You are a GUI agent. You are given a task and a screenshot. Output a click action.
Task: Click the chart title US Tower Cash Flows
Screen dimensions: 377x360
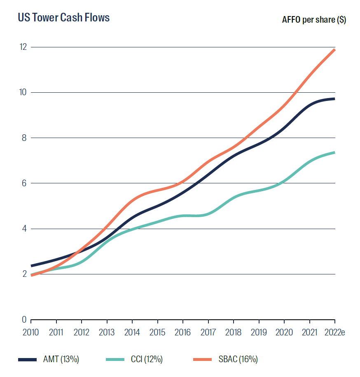point(63,18)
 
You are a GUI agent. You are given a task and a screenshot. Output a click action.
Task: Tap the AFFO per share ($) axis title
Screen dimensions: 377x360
point(314,20)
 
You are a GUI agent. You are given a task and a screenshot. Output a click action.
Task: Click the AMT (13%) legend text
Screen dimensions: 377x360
point(61,359)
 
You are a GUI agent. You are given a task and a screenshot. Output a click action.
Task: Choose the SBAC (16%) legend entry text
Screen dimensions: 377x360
point(238,359)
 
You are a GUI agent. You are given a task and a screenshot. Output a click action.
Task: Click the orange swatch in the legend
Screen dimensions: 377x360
point(203,360)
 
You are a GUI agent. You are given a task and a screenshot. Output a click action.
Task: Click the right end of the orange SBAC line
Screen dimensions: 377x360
point(334,50)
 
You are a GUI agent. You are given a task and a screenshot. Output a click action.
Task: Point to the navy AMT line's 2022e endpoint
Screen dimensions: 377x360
point(334,99)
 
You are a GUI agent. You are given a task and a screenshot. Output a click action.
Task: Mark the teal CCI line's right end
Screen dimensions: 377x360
point(334,152)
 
